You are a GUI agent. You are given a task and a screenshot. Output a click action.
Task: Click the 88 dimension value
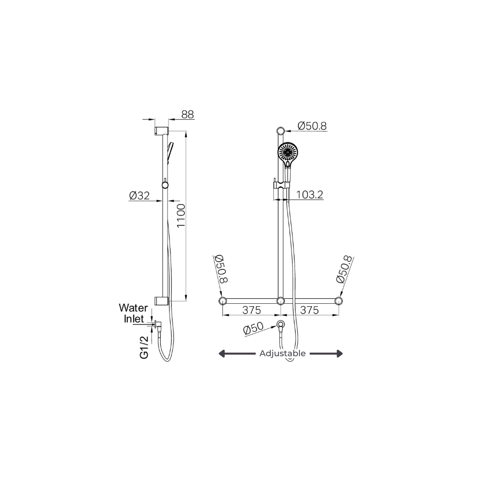[x=188, y=114]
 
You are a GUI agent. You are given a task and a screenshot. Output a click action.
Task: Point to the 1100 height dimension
[x=181, y=216]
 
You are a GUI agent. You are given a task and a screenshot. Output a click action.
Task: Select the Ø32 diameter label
[x=139, y=196]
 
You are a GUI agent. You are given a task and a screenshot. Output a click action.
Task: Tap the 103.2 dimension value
[x=309, y=195]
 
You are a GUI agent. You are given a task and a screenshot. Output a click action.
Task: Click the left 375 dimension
[x=251, y=310]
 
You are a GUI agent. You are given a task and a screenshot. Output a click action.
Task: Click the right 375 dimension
[x=309, y=310]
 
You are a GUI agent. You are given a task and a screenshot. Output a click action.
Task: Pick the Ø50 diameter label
[x=254, y=328]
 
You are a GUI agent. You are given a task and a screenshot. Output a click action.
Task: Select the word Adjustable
[x=283, y=353]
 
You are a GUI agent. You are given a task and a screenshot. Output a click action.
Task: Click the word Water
[x=133, y=308]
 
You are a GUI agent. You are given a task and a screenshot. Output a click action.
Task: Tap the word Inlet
[x=134, y=319]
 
